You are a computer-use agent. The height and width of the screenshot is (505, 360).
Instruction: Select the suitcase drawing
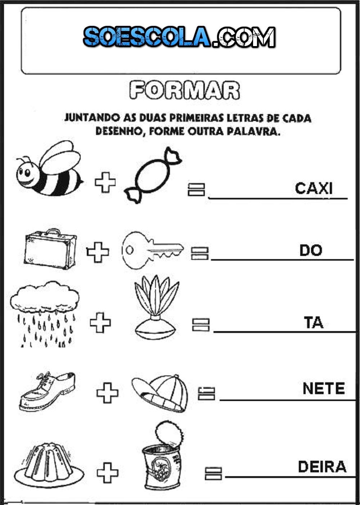click(x=51, y=249)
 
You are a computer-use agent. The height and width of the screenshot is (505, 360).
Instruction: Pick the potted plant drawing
click(x=156, y=306)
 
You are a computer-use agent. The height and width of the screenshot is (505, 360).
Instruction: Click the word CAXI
click(x=314, y=188)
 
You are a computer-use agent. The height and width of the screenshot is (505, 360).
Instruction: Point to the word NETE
click(x=324, y=389)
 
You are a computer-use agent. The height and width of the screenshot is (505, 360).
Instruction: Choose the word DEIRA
click(x=322, y=467)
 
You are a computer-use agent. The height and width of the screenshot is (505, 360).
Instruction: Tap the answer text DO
click(x=311, y=251)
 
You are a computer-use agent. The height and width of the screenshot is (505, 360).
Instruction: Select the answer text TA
click(x=314, y=323)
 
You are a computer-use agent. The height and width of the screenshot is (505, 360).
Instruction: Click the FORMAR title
click(x=184, y=90)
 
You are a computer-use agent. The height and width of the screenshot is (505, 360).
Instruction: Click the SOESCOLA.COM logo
click(x=179, y=37)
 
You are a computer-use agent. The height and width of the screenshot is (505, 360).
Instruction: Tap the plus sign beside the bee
click(x=105, y=182)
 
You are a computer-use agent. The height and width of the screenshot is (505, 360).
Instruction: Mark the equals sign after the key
click(x=199, y=253)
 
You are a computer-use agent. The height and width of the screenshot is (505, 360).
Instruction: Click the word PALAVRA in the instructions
click(x=253, y=131)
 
